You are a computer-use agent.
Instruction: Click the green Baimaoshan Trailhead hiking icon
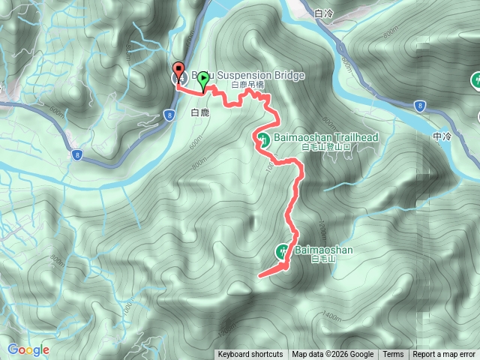[264, 138]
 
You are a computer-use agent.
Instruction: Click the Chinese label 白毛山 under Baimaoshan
[319, 259]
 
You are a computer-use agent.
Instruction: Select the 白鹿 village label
[199, 113]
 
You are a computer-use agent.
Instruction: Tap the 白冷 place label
[325, 13]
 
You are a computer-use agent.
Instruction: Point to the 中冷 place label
[443, 137]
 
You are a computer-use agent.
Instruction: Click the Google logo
[28, 349]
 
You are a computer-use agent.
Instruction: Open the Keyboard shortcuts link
[250, 355]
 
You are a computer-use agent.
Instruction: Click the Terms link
[393, 355]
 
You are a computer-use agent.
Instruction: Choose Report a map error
[445, 355]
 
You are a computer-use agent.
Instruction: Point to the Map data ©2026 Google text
[332, 355]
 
